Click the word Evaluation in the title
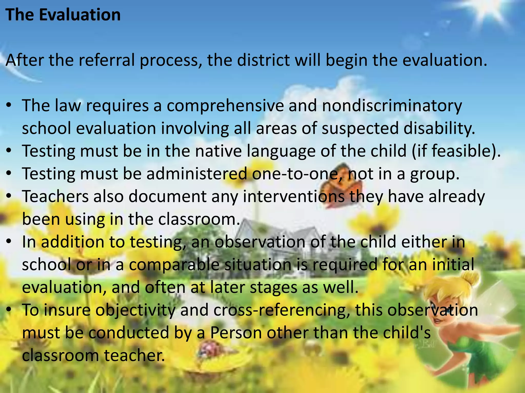tap(80, 15)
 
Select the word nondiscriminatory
tap(392, 105)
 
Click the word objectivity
tap(136, 310)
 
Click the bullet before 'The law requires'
tap(9, 105)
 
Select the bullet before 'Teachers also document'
tap(9, 196)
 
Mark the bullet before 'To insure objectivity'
tap(9, 310)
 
